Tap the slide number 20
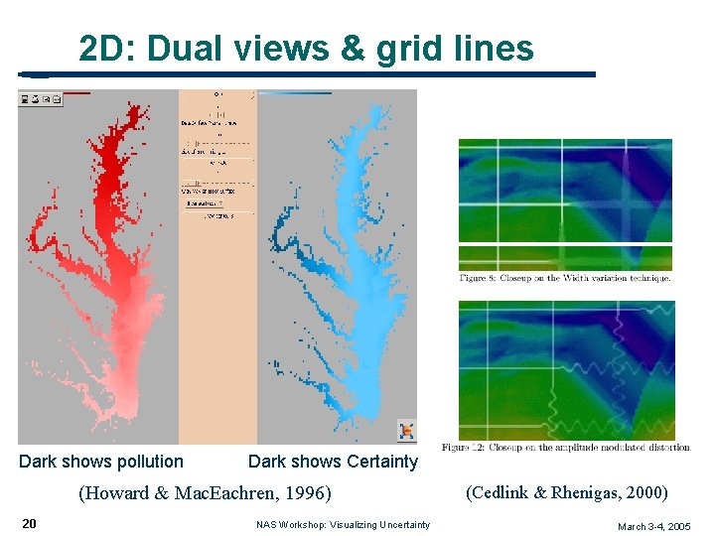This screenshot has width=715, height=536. click(x=30, y=523)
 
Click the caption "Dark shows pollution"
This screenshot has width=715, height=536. click(x=101, y=462)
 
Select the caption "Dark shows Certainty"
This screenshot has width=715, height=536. click(x=333, y=462)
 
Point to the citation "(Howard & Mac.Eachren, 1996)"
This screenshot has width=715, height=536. click(x=205, y=493)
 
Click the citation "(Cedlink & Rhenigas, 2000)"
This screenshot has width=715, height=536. click(x=567, y=492)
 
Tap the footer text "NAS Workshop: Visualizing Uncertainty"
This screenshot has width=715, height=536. click(x=343, y=525)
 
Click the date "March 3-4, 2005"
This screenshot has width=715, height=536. click(x=653, y=526)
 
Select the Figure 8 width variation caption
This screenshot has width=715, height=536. click(x=565, y=279)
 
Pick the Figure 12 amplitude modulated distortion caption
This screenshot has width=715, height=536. click(x=566, y=448)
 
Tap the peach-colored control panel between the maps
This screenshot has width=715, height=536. click(x=217, y=298)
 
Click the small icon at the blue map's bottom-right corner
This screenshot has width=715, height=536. click(x=406, y=431)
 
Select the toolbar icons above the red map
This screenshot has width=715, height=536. click(x=41, y=98)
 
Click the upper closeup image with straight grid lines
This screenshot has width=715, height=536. click(x=565, y=203)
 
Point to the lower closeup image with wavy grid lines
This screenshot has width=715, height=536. click(x=565, y=369)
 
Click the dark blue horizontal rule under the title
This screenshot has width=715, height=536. click(x=308, y=74)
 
